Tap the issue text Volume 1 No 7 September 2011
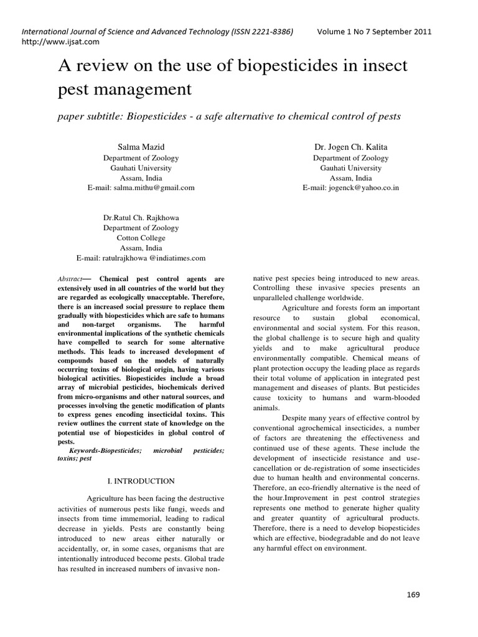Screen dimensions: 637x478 click(x=373, y=32)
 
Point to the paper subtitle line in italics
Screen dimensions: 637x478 click(x=229, y=116)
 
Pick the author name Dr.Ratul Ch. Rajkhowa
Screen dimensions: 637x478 click(x=141, y=218)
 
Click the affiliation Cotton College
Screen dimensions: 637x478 click(x=141, y=238)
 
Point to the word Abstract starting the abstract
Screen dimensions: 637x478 click(x=69, y=279)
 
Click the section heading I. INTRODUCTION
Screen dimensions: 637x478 click(x=140, y=481)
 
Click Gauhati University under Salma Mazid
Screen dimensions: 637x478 click(x=141, y=167)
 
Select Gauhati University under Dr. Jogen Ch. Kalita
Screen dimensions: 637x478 click(x=350, y=167)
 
